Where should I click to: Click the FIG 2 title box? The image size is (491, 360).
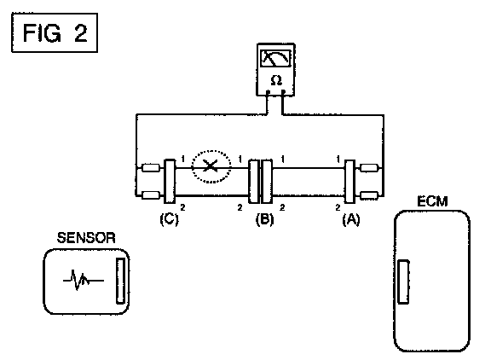click(55, 32)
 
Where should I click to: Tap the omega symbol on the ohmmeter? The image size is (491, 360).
click(276, 80)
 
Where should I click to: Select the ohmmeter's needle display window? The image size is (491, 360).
click(276, 58)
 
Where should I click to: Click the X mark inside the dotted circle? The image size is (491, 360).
click(211, 165)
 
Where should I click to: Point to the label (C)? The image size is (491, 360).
click(169, 219)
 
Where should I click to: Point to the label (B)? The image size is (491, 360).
click(264, 219)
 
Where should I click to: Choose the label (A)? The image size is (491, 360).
click(351, 219)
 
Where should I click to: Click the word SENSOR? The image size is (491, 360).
click(86, 238)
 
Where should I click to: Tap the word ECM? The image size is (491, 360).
click(432, 201)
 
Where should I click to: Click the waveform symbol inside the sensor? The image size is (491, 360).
click(83, 280)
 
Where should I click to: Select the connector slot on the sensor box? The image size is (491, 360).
click(120, 281)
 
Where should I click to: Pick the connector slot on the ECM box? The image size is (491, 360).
click(403, 282)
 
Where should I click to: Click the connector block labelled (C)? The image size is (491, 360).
click(170, 182)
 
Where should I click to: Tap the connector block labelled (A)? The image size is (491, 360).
click(349, 182)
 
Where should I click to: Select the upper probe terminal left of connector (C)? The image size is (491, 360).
click(151, 167)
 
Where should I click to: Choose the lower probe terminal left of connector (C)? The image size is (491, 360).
click(151, 195)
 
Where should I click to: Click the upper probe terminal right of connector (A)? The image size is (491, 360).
click(369, 167)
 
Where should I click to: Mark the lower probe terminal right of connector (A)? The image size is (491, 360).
click(369, 195)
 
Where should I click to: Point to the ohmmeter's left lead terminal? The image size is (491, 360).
click(268, 92)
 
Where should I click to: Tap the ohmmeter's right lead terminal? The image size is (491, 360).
click(283, 92)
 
